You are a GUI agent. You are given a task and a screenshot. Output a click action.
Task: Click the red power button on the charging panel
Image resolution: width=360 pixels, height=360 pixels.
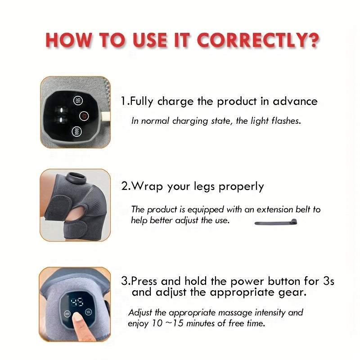[83, 116]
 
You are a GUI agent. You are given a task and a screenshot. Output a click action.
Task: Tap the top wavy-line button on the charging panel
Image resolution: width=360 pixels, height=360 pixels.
[78, 100]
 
